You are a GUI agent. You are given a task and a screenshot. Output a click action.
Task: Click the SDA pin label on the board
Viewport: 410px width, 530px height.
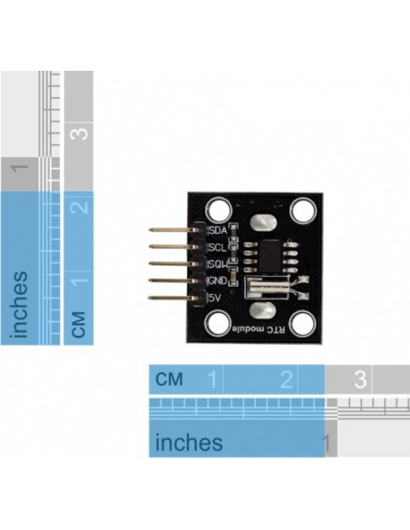tap(218, 231)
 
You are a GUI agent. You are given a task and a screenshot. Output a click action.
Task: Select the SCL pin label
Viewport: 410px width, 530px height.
tap(218, 248)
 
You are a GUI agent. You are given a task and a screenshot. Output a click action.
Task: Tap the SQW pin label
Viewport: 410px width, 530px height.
tap(218, 265)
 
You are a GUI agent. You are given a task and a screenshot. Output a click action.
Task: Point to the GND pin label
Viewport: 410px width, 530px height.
tap(218, 281)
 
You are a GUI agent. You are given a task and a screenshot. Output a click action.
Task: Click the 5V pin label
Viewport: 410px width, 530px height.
tap(216, 298)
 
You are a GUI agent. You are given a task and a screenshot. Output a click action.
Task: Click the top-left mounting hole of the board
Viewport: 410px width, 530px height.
tap(220, 211)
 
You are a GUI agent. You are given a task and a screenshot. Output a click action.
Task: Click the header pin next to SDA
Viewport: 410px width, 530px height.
tap(172, 231)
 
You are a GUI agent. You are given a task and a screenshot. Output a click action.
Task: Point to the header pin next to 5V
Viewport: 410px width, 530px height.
tap(172, 298)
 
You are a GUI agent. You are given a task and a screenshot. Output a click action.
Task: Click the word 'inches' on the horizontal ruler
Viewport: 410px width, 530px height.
tap(189, 442)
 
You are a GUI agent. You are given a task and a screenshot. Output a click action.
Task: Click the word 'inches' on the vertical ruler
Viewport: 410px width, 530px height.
tap(20, 305)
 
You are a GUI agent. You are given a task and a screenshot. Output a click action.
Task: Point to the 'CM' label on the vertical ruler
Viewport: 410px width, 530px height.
tap(79, 323)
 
